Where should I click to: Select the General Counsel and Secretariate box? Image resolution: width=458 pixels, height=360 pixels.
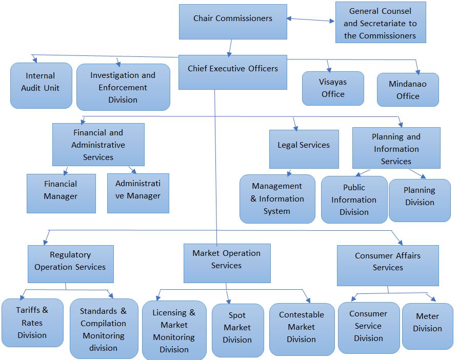(380, 23)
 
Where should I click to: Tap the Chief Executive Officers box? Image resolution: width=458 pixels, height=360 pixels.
(232, 71)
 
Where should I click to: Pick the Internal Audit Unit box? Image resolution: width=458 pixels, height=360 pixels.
(41, 85)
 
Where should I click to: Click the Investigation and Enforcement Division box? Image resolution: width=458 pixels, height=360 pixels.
(123, 87)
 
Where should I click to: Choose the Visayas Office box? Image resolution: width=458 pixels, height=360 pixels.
(333, 88)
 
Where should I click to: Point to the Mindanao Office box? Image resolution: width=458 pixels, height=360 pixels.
(408, 90)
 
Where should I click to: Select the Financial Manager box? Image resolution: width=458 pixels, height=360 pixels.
(61, 193)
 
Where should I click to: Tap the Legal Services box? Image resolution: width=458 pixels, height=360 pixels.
(304, 149)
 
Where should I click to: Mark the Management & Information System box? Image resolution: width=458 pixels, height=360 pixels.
(277, 199)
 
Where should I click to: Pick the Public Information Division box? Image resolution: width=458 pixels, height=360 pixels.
(354, 200)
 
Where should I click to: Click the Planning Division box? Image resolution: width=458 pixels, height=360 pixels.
(420, 200)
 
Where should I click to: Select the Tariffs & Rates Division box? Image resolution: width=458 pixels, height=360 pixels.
(32, 323)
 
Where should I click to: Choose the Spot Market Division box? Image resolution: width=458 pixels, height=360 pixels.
(237, 330)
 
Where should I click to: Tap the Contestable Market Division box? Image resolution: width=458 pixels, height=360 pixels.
(302, 329)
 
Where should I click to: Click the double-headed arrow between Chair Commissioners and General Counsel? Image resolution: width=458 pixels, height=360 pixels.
(311, 20)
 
